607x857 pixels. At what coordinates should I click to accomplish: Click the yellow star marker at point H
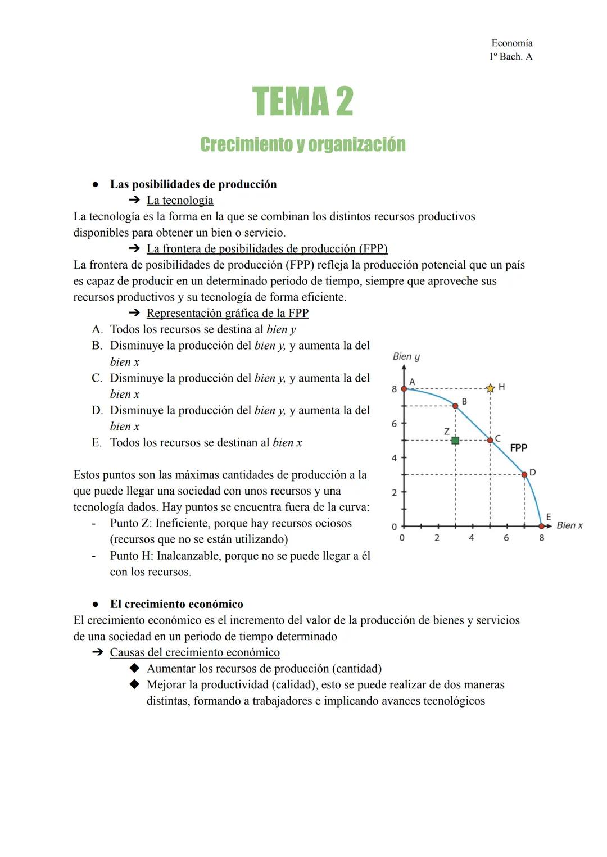point(490,388)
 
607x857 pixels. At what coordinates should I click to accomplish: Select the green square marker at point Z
point(455,441)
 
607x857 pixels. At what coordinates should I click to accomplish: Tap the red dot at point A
point(404,389)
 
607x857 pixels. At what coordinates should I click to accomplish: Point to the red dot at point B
point(455,406)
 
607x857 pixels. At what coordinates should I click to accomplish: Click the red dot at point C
point(490,440)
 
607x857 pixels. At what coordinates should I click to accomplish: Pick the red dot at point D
point(524,475)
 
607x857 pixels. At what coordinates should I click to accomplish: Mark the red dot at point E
point(542,526)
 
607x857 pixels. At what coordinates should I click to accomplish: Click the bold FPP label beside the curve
point(518,448)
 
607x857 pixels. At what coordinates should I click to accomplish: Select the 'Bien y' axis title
point(406,356)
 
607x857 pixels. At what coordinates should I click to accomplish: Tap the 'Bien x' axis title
point(569,525)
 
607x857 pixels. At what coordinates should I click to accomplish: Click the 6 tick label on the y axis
point(395,424)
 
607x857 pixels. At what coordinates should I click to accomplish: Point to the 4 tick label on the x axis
point(472,538)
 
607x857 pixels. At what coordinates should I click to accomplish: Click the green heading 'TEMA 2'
point(303,102)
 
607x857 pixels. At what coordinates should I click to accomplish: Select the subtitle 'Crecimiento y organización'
point(303,144)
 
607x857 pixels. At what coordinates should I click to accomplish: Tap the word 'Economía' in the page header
point(511,43)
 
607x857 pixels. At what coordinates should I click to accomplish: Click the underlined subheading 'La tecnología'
point(180,201)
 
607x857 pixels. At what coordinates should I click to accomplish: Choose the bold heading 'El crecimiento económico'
point(176,604)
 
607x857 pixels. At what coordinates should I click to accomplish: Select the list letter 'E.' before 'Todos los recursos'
point(97,443)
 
